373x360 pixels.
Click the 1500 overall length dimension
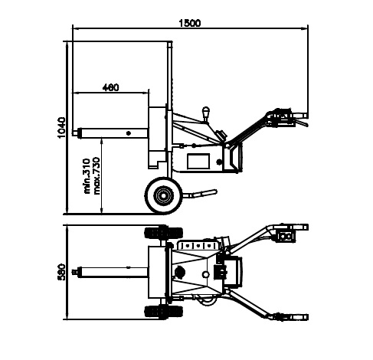click(x=190, y=23)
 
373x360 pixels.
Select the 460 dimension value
click(x=110, y=87)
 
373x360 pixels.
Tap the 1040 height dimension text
click(x=61, y=128)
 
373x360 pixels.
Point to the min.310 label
click(x=87, y=176)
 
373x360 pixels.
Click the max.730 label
click(x=97, y=176)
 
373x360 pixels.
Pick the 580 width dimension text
click(x=61, y=272)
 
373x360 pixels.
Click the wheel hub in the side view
click(x=162, y=195)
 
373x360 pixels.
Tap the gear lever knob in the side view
click(x=205, y=112)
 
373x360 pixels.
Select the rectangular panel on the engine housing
click(x=198, y=161)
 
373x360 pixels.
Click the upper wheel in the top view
click(x=164, y=233)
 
